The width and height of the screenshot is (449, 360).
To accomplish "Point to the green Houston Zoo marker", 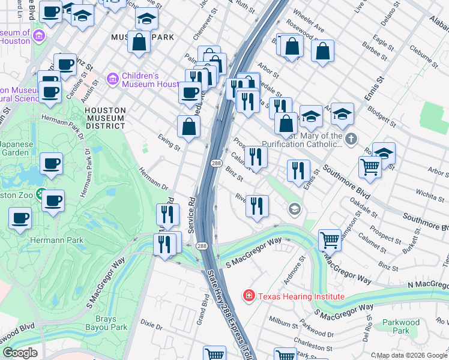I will click(41, 194).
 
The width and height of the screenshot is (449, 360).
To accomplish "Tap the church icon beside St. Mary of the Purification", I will click(352, 139).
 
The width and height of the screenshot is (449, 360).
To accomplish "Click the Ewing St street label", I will click(169, 142).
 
